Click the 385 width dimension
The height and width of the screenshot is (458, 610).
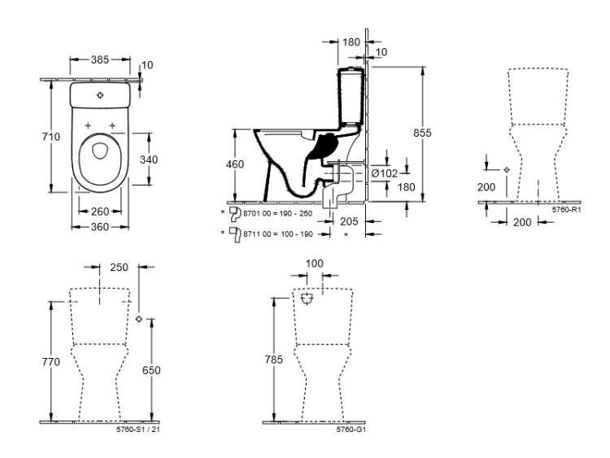(100, 59)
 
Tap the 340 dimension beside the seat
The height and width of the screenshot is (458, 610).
(148, 159)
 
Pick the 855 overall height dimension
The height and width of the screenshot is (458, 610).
(434, 133)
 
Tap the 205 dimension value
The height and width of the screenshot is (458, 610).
(349, 220)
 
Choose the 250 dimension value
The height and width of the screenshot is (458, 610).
(120, 268)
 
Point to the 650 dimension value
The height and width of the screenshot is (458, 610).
(151, 370)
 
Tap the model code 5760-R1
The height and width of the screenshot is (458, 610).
(564, 210)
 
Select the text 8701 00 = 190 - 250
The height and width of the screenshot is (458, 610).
(278, 213)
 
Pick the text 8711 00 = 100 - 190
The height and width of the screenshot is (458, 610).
(278, 233)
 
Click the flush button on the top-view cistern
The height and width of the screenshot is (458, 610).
(100, 95)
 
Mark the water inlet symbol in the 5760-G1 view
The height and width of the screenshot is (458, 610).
(307, 300)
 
